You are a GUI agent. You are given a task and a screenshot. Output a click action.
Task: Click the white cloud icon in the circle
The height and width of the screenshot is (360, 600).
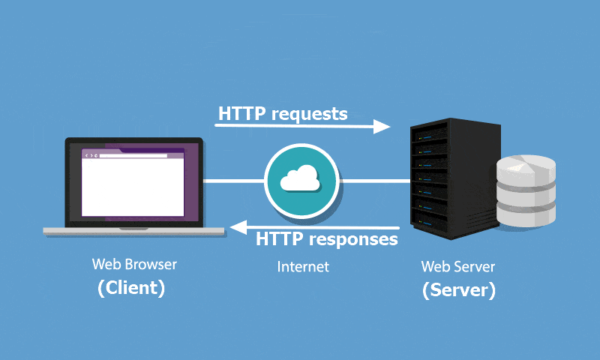[x=299, y=180]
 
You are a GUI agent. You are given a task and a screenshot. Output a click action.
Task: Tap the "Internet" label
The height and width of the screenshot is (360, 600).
[x=303, y=266]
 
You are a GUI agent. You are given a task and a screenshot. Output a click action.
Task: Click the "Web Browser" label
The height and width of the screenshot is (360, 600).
[x=135, y=264]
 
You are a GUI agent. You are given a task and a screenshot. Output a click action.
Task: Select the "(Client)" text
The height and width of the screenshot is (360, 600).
[x=131, y=288]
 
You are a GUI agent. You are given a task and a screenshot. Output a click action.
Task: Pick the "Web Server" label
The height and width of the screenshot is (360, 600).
[x=457, y=266]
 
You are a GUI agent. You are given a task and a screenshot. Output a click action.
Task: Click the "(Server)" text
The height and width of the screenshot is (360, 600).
[x=458, y=290]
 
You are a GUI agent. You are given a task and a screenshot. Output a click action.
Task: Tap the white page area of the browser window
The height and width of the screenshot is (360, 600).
[x=132, y=187]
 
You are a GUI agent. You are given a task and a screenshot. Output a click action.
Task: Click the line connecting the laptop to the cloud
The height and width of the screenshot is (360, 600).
[x=233, y=181]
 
